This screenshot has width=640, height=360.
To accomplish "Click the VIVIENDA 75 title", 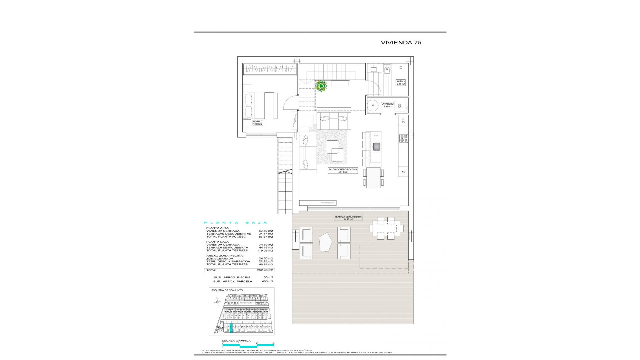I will click(401, 43).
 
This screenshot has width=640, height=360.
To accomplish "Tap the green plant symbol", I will click(321, 86).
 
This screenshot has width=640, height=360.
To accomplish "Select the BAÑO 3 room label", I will click(401, 83).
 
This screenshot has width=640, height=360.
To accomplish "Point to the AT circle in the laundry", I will click(373, 106).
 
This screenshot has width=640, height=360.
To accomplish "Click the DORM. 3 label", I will click(258, 123).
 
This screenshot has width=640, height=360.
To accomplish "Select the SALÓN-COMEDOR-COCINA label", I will click(343, 171).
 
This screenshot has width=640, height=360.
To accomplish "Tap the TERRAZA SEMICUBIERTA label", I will click(348, 218).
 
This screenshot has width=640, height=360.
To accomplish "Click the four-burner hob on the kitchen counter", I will click(404, 138).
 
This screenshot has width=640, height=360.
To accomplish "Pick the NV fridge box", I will click(403, 172).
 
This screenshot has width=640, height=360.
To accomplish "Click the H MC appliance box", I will click(403, 120).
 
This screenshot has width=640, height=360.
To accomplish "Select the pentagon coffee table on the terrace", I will click(326, 242).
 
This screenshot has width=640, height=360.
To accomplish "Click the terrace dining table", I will click(386, 228).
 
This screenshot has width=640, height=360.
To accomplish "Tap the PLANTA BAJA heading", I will click(236, 223).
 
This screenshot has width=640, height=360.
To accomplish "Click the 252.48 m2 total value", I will click(266, 270).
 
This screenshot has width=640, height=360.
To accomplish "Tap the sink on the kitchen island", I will click(376, 146).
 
